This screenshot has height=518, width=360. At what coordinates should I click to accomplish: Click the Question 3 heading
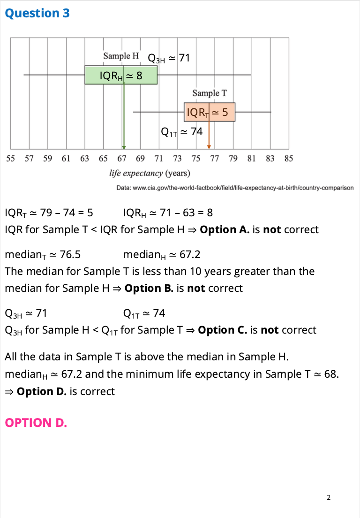tap(37, 13)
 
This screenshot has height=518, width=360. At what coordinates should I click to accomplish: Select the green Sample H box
tap(121, 75)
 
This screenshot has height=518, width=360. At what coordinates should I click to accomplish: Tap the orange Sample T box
tap(210, 112)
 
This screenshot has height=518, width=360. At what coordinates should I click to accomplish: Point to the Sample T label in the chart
tap(210, 93)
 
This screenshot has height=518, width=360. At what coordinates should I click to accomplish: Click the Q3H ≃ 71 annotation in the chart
tap(169, 58)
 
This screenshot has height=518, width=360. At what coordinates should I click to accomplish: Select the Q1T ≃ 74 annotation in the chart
tap(182, 132)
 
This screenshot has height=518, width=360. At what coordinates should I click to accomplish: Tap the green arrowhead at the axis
tap(124, 147)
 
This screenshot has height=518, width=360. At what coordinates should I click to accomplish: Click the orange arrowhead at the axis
tap(209, 147)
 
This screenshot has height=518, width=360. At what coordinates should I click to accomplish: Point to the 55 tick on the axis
tap(11, 159)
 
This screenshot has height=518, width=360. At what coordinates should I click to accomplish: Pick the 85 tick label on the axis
tap(289, 159)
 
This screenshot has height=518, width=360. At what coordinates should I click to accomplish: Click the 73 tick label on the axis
tap(177, 159)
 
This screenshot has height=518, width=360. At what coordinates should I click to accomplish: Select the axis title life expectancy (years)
tap(150, 174)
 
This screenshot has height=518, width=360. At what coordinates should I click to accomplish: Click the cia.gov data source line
tap(235, 188)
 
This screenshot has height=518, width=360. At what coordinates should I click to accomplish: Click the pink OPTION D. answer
tap(36, 422)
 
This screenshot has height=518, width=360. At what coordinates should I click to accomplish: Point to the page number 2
tap(329, 497)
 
